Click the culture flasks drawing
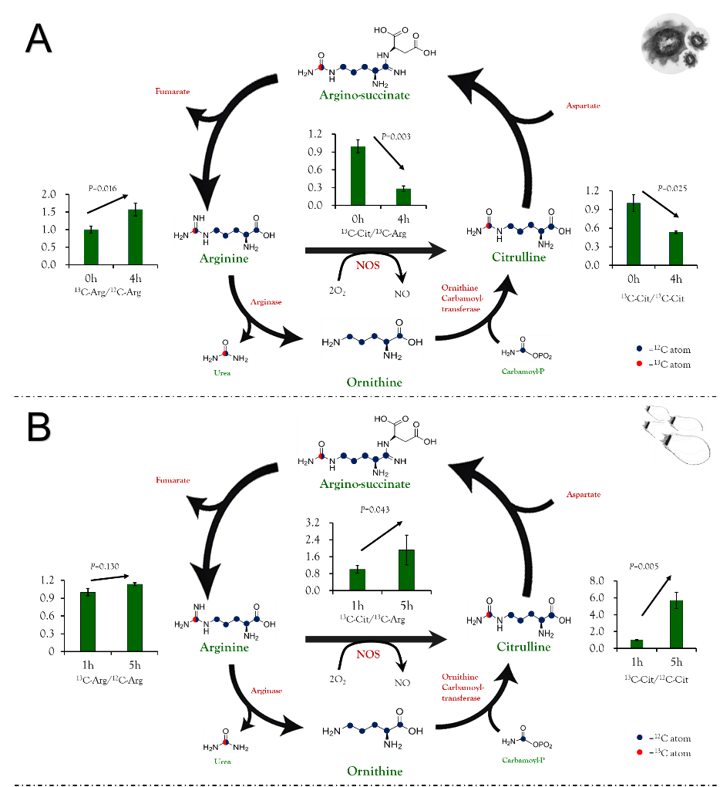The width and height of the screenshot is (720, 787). (x=673, y=434)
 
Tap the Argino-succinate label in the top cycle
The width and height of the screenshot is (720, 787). (x=365, y=96)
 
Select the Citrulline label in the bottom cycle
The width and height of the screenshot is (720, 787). (x=523, y=647)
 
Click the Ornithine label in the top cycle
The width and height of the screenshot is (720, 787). (x=374, y=382)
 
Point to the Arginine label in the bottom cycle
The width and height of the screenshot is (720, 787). (x=224, y=647)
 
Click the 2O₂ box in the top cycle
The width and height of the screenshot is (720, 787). (x=338, y=290)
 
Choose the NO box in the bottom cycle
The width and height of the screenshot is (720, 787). (x=402, y=682)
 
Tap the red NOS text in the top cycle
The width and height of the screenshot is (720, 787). (x=368, y=266)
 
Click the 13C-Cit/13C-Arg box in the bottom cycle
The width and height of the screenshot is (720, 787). (x=376, y=617)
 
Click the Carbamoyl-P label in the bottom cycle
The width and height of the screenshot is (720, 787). (x=523, y=760)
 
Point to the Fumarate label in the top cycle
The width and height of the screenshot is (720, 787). (x=173, y=91)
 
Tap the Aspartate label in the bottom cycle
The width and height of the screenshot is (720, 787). (x=584, y=494)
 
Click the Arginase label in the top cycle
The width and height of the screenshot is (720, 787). (x=265, y=301)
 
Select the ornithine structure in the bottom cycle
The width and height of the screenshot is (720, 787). (x=372, y=729)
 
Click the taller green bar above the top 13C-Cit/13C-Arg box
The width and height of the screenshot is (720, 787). (x=358, y=176)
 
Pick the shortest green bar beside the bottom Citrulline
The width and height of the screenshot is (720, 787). (x=637, y=644)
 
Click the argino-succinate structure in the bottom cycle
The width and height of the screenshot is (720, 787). (x=367, y=446)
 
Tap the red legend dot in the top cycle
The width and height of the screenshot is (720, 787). (x=639, y=364)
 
